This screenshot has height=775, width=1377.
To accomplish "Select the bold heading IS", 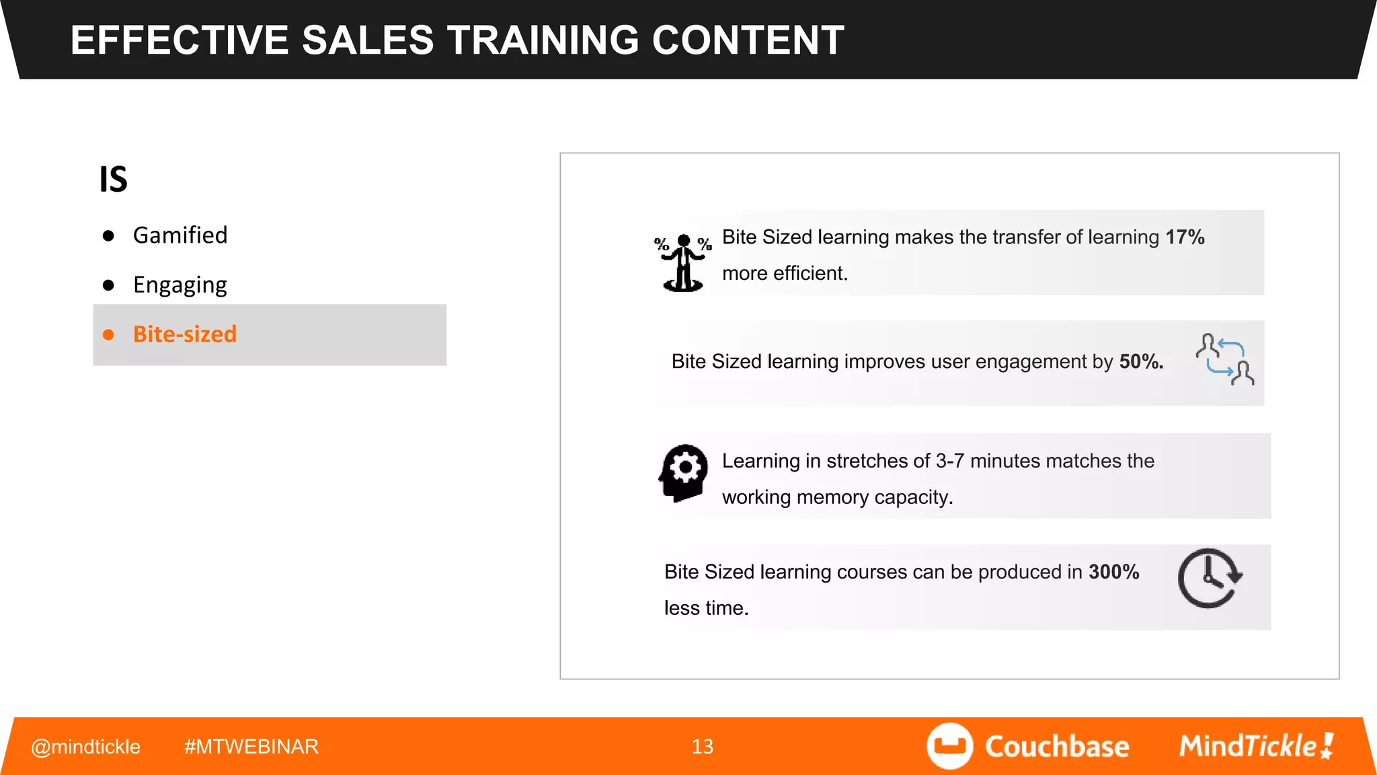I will (114, 180).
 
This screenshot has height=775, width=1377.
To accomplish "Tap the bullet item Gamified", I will (180, 235).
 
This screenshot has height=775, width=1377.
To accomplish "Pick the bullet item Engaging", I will (180, 285).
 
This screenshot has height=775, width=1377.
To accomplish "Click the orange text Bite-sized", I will (185, 334).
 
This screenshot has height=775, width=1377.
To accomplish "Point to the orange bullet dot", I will (108, 334).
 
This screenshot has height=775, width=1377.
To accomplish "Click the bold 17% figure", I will (1185, 237).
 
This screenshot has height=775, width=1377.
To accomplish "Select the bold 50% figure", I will (1141, 362).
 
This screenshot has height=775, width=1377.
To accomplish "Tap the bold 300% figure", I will (1113, 573).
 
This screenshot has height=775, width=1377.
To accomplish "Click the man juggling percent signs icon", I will (683, 262).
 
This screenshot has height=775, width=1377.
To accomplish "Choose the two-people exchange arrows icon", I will (1224, 359).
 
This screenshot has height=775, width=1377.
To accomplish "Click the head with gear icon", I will (684, 472).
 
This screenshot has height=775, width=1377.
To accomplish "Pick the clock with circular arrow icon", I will (1210, 579).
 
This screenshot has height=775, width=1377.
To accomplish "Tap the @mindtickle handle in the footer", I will (86, 747).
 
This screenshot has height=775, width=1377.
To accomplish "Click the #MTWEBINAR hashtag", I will (251, 747).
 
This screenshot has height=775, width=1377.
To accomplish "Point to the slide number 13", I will (703, 747).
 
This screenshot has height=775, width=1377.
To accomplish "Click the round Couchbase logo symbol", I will (949, 746).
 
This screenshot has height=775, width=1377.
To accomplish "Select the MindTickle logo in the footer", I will (1256, 746).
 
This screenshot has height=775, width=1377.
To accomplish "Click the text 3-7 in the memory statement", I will (949, 462).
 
